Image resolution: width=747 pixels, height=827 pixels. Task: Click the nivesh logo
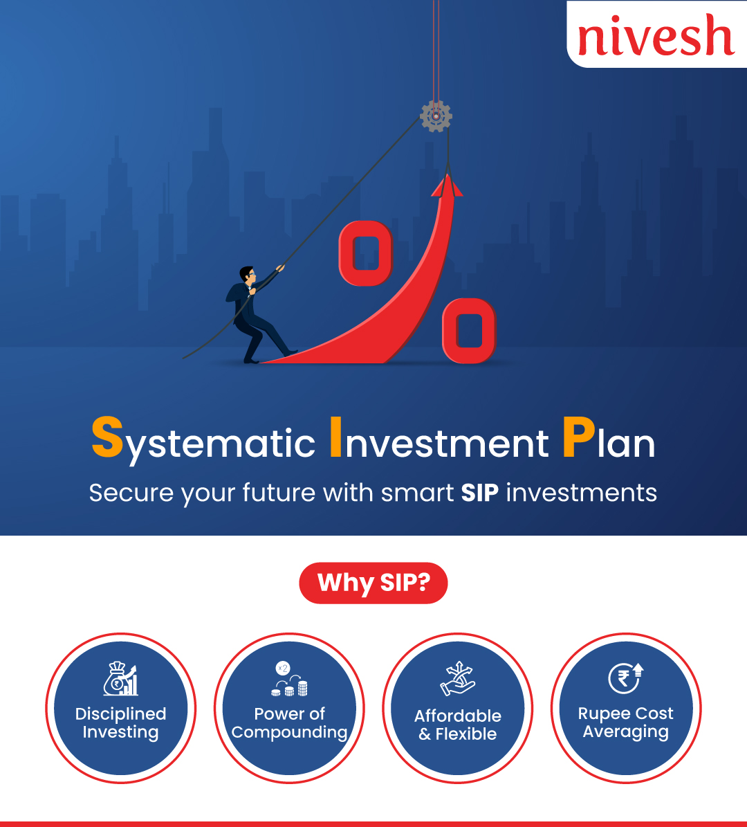pyautogui.click(x=656, y=35)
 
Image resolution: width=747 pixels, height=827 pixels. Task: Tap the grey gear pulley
pyautogui.click(x=436, y=116)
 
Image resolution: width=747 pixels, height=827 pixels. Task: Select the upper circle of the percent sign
pyautogui.click(x=366, y=253)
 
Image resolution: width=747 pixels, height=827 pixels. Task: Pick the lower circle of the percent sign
pyautogui.click(x=469, y=331)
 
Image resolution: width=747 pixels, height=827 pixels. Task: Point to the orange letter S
pyautogui.click(x=107, y=437)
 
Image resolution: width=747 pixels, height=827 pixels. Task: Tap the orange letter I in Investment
pyautogui.click(x=335, y=437)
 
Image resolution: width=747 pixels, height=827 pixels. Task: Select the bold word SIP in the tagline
pyautogui.click(x=480, y=493)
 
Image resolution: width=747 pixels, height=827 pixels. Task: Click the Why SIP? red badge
pyautogui.click(x=373, y=583)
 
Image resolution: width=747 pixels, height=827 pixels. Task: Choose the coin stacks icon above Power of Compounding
pyautogui.click(x=289, y=679)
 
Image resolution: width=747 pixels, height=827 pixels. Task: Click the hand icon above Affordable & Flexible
pyautogui.click(x=458, y=678)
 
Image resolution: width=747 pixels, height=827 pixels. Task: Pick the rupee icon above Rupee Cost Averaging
pyautogui.click(x=626, y=678)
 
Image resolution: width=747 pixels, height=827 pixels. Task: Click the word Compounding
pyautogui.click(x=289, y=733)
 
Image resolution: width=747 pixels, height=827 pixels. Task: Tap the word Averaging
pyautogui.click(x=626, y=733)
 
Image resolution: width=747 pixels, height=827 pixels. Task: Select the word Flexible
pyautogui.click(x=466, y=734)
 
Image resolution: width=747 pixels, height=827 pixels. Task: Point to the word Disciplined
pyautogui.click(x=121, y=714)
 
